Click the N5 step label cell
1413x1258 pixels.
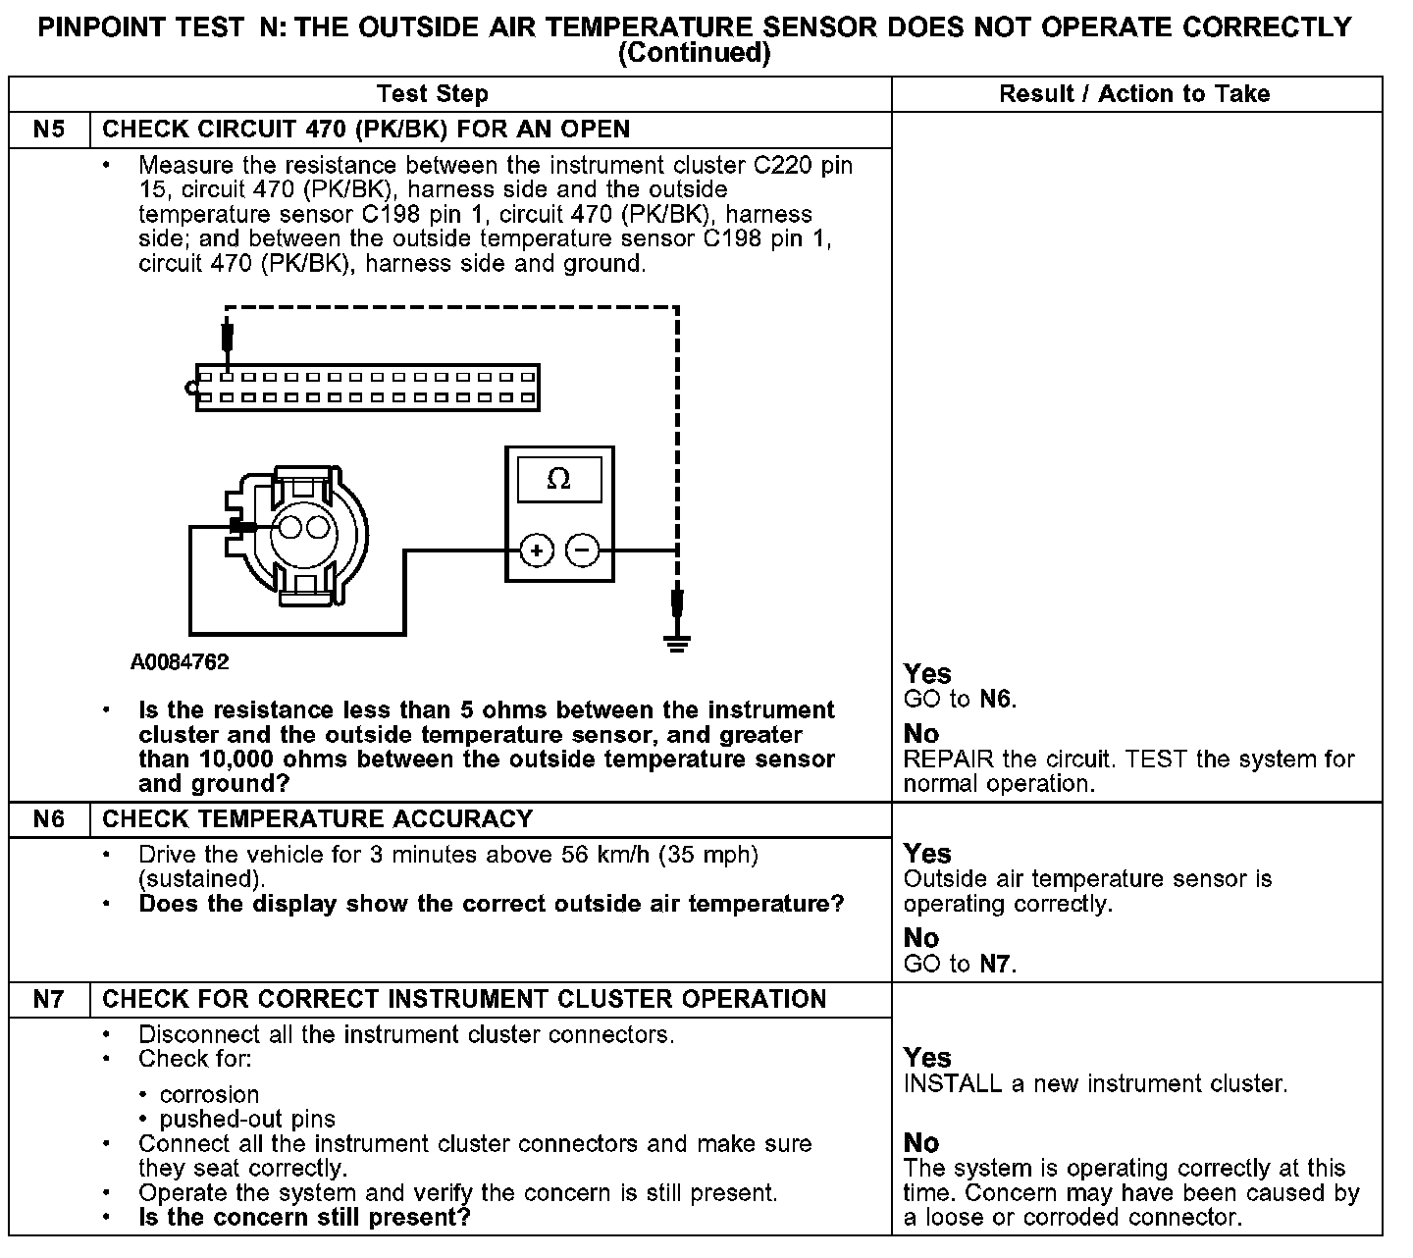tap(49, 130)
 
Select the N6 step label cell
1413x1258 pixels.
tap(49, 819)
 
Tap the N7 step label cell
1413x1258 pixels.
tap(49, 999)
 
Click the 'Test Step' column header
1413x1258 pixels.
tap(432, 94)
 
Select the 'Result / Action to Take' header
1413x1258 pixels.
tap(1134, 94)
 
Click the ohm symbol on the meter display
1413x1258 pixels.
tap(558, 480)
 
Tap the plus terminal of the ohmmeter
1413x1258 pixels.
tap(536, 550)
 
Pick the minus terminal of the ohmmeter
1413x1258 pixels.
tap(583, 550)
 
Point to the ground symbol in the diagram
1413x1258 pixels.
tap(676, 643)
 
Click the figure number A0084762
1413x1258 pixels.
tap(180, 662)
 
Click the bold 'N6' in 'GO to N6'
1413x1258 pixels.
tap(995, 700)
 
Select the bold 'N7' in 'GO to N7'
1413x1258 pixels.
tap(995, 964)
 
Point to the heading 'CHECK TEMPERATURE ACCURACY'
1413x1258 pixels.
tap(318, 819)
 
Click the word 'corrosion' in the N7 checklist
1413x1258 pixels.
tap(209, 1095)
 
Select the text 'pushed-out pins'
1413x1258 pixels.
tap(247, 1120)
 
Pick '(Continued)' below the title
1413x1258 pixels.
tap(695, 53)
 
